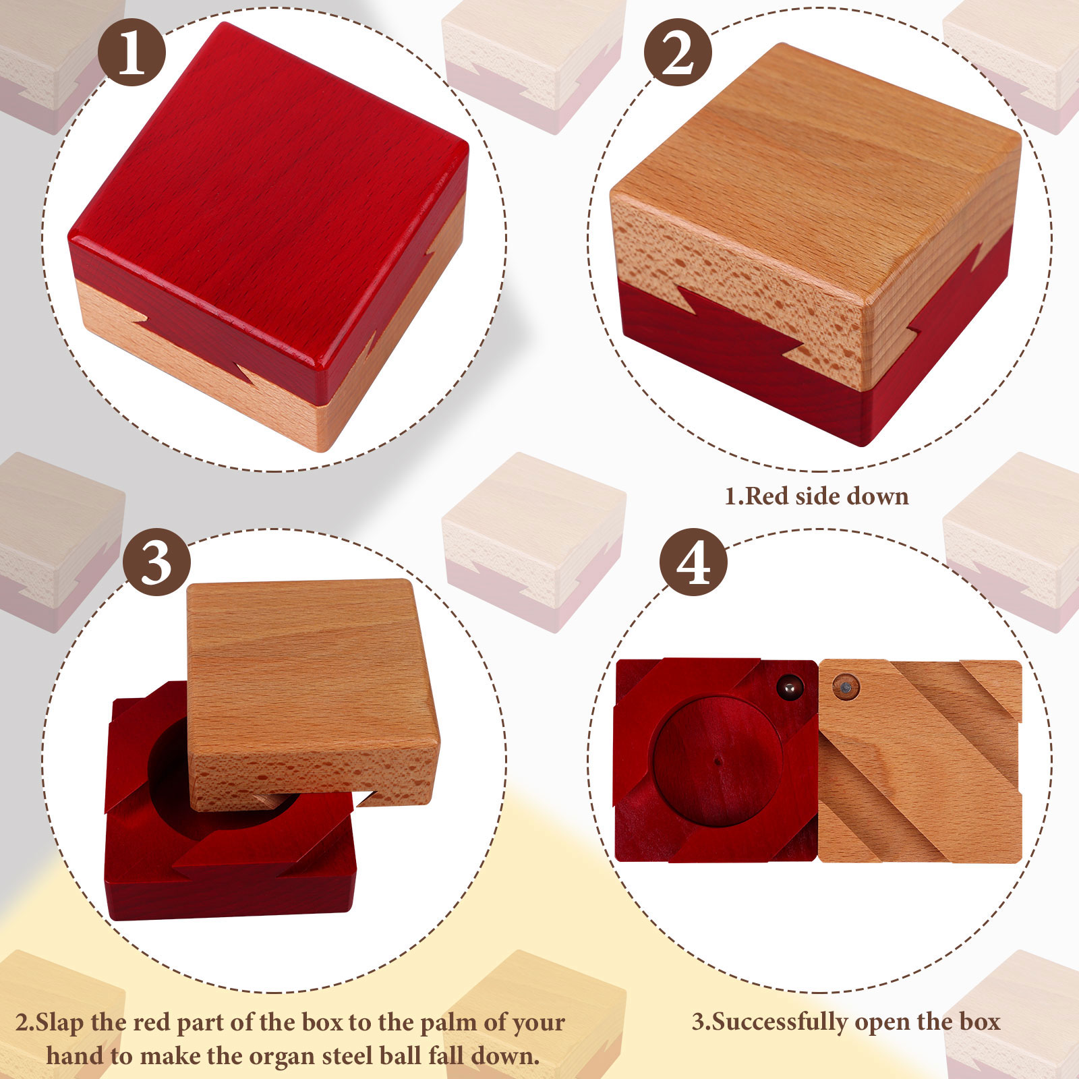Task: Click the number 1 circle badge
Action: tap(132, 52)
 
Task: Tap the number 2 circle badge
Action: tap(678, 52)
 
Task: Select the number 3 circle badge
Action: tap(156, 562)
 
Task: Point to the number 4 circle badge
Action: tap(693, 562)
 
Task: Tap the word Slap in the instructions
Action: tap(60, 1022)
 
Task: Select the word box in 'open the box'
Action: tap(980, 1022)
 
